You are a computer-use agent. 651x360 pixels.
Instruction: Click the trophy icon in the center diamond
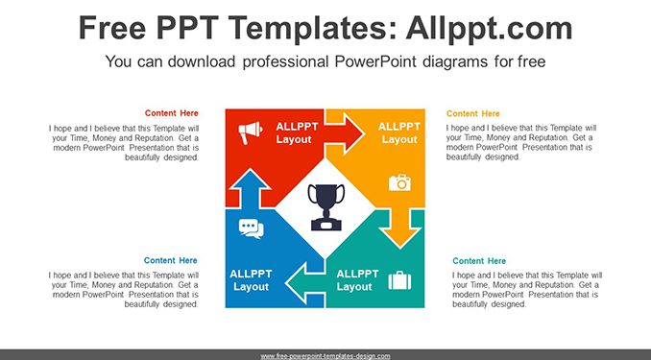pos(325,206)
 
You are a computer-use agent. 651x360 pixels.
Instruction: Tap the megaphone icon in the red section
pos(250,132)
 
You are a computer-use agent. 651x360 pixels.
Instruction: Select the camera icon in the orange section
pos(399,182)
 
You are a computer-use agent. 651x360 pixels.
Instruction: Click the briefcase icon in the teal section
pos(399,280)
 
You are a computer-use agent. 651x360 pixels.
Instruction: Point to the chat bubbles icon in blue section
pos(252,228)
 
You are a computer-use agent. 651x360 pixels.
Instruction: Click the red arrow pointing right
pos(344,133)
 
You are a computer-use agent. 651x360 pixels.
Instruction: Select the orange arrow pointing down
pos(400,228)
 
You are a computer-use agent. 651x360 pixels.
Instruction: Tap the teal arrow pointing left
pos(305,283)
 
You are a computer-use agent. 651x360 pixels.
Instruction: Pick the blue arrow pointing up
pos(249,189)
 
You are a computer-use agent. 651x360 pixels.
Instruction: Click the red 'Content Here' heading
pos(172,113)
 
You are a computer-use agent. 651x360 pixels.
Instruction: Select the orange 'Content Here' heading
pos(473,113)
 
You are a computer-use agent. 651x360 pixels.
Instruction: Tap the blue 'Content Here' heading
pos(171,260)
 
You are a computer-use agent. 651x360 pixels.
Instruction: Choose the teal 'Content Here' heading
pos(479,261)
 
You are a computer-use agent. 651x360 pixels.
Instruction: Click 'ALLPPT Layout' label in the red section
pos(297,132)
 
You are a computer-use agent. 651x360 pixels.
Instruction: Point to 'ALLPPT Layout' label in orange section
pos(399,132)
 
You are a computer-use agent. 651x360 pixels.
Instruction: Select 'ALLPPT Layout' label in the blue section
pos(251,280)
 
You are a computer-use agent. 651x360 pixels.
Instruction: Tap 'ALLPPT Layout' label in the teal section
pos(357,280)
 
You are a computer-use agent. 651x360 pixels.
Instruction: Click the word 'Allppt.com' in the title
pos(489,28)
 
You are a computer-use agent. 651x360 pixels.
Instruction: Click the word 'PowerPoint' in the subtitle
pos(374,61)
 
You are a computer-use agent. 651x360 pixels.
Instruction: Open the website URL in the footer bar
pos(325,356)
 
